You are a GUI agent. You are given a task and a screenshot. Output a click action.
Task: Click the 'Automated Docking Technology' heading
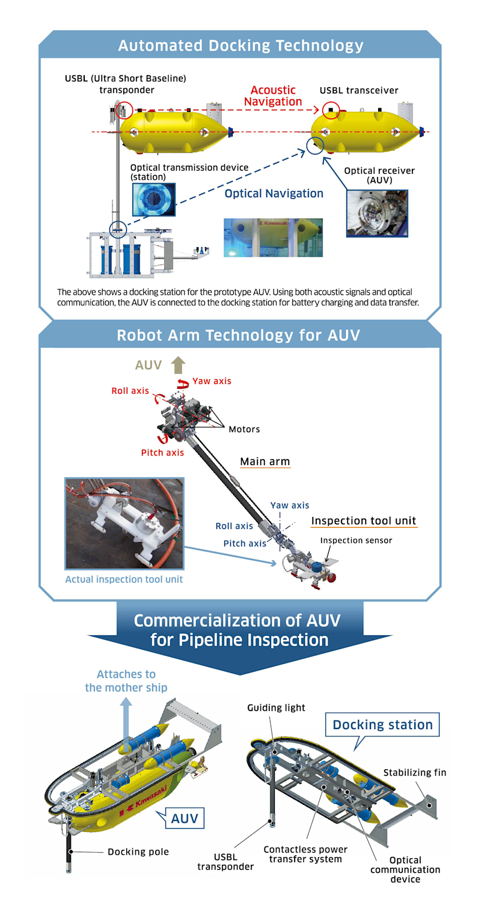(240, 46)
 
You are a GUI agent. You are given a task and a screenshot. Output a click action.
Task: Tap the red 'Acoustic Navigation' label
(273, 96)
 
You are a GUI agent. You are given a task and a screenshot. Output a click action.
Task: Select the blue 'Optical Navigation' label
(274, 194)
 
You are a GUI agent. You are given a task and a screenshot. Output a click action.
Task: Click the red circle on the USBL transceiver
(330, 110)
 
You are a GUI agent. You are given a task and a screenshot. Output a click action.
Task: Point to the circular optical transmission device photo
(153, 199)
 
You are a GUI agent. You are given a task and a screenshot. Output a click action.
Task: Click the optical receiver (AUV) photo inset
(377, 213)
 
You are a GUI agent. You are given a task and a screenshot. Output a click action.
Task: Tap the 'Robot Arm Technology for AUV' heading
(239, 335)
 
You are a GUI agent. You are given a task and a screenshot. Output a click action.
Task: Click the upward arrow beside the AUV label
(178, 365)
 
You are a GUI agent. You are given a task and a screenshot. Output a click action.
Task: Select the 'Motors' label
(244, 429)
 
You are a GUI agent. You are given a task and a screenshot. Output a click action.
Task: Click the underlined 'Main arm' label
(265, 462)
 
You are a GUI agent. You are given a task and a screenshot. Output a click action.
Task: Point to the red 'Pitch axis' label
(162, 453)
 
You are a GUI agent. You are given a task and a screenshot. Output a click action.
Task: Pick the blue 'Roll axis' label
(234, 526)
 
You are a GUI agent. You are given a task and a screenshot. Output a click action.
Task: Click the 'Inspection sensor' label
(356, 540)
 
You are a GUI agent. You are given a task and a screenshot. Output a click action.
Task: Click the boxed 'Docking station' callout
(382, 724)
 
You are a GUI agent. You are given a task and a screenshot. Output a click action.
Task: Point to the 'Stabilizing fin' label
(415, 772)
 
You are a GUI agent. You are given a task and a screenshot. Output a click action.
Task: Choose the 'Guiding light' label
(276, 707)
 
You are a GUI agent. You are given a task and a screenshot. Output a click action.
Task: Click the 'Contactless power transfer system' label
(305, 854)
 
